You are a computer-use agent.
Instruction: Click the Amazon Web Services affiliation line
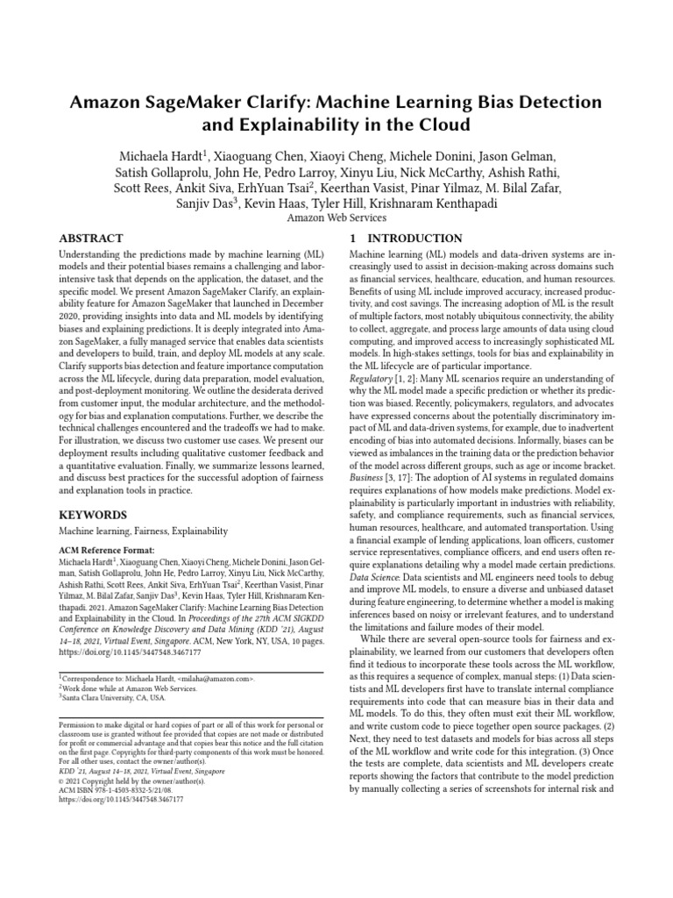coord(336,219)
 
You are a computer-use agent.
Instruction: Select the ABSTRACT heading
coord(91,239)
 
